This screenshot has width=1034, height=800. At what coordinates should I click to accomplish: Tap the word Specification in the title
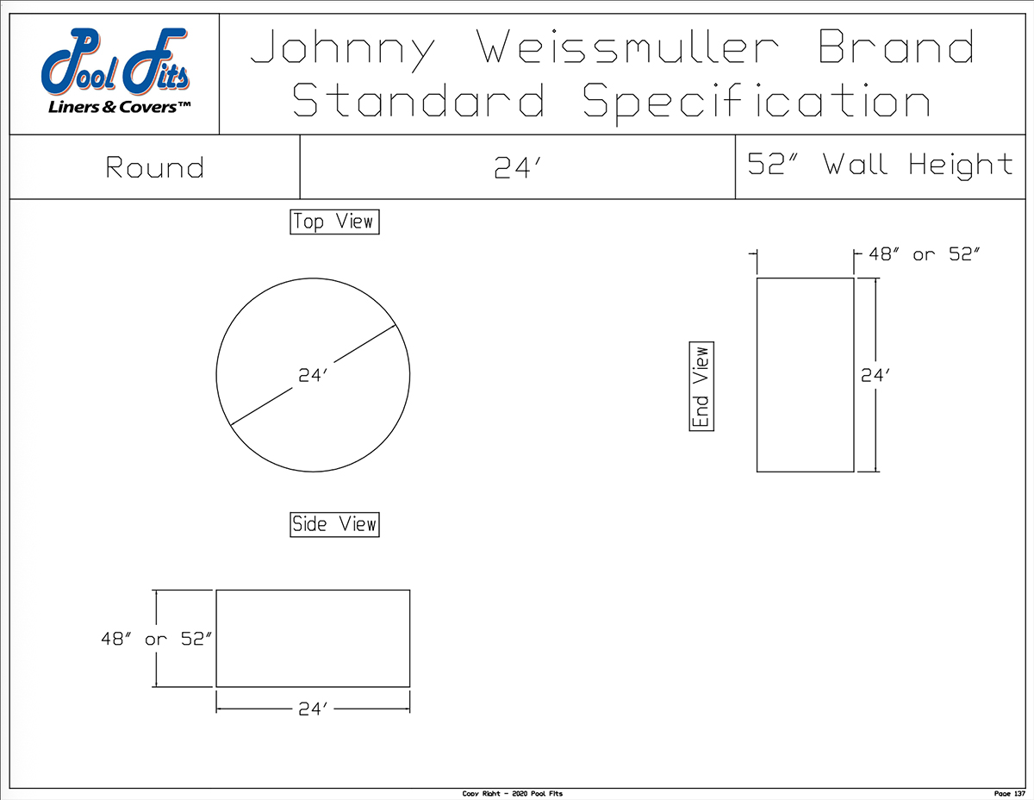(x=757, y=100)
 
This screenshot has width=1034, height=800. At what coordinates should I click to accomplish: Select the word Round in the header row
(x=155, y=167)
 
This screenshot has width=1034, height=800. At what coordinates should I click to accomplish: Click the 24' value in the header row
(x=517, y=168)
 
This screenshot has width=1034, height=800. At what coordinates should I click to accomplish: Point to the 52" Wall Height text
(x=880, y=165)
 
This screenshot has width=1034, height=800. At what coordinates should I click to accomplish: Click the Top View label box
(x=334, y=222)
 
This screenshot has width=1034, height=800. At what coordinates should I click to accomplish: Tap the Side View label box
(x=334, y=523)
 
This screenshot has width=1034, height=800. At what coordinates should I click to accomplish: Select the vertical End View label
(x=701, y=387)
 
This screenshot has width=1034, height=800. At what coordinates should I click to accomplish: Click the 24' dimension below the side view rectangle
(x=315, y=709)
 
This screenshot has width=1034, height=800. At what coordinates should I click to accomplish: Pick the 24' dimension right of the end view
(x=875, y=375)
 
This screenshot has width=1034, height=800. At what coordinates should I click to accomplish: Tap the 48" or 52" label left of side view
(x=155, y=640)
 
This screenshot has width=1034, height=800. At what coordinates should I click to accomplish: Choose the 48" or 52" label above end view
(x=924, y=254)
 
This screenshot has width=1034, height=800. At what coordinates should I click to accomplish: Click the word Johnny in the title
(x=342, y=49)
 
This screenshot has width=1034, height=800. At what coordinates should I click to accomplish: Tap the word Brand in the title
(x=897, y=47)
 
